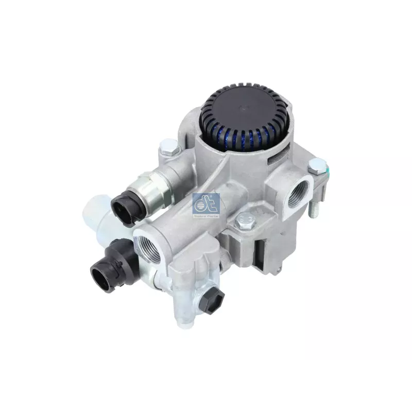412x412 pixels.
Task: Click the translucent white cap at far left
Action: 95,216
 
